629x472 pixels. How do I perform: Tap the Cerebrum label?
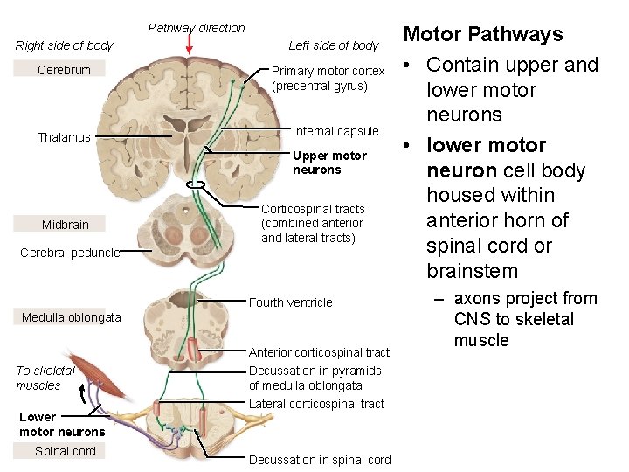(64, 70)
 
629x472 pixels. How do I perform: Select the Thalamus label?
(64, 137)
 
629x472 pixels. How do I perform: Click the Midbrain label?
(65, 225)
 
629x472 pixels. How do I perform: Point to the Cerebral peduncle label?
(69, 253)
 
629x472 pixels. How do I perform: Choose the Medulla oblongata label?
(71, 317)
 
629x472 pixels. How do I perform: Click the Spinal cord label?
(65, 451)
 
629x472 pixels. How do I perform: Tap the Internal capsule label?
(335, 131)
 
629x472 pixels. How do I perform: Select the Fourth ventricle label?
(291, 302)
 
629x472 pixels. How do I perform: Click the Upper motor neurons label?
(329, 163)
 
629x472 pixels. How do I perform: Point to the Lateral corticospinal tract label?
(316, 404)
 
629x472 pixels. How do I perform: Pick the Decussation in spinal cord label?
(320, 460)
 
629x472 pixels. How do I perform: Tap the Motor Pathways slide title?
(482, 34)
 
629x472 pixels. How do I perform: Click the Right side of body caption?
(65, 45)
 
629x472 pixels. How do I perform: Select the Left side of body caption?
(333, 45)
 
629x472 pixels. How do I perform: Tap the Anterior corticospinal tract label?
(319, 352)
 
